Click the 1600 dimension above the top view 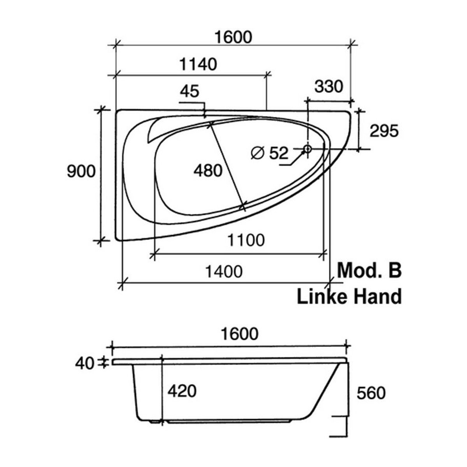click(233, 38)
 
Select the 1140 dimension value click(198, 65)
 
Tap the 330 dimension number click(329, 87)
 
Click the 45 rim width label click(190, 91)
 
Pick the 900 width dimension click(81, 172)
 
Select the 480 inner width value click(208, 170)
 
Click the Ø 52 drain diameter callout click(270, 153)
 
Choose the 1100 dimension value click(246, 240)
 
